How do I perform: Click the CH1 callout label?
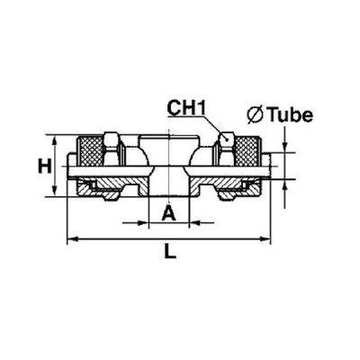(186, 108)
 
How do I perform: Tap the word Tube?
(290, 114)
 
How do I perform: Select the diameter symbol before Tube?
(255, 115)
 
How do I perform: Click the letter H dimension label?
(45, 166)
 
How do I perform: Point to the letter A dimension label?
(168, 213)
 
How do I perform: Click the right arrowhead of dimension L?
(265, 239)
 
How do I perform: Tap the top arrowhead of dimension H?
(55, 141)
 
